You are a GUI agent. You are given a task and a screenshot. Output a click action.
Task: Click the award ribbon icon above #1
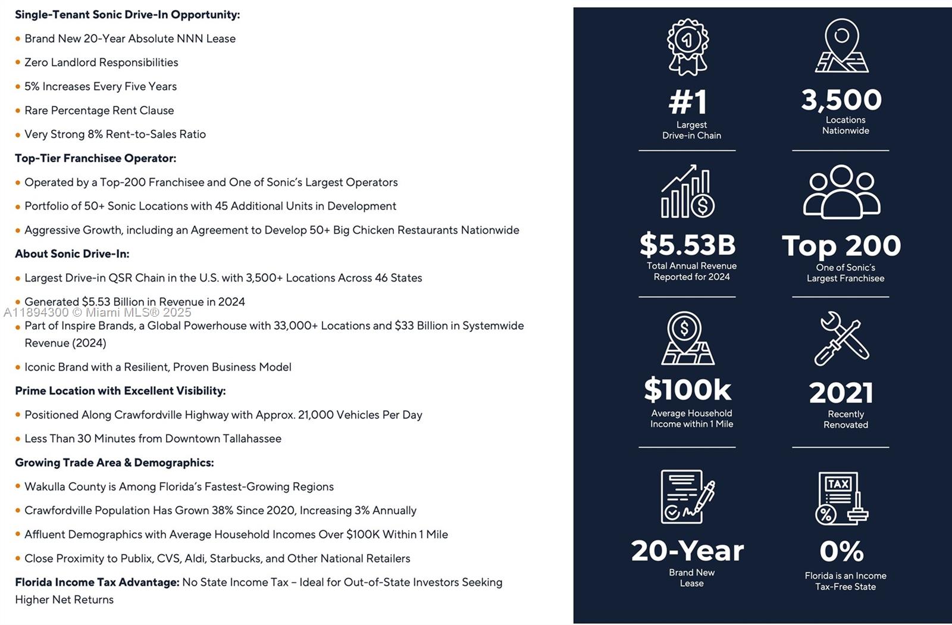pyautogui.click(x=688, y=46)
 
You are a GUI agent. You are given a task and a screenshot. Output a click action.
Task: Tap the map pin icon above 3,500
pyautogui.click(x=841, y=45)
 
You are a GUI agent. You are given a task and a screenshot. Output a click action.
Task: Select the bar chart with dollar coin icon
pyautogui.click(x=688, y=192)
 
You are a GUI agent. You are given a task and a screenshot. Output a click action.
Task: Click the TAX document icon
pyautogui.click(x=841, y=498)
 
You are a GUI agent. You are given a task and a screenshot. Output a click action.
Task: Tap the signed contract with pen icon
pyautogui.click(x=688, y=496)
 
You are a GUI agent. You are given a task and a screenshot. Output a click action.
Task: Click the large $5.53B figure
pyautogui.click(x=688, y=245)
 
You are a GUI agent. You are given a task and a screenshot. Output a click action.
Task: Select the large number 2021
pyautogui.click(x=841, y=393)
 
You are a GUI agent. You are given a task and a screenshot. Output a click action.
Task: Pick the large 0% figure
pyautogui.click(x=841, y=551)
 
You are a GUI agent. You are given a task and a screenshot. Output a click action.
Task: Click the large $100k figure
pyautogui.click(x=688, y=390)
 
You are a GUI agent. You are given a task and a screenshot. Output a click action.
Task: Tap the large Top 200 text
pyautogui.click(x=841, y=246)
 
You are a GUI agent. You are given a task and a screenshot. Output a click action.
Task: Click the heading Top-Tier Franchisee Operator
pyautogui.click(x=95, y=158)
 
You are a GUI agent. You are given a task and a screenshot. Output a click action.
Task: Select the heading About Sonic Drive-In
pyautogui.click(x=72, y=254)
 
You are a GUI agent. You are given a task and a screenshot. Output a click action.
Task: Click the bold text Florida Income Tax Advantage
pyautogui.click(x=97, y=582)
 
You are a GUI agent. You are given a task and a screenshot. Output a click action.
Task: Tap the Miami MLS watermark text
pyautogui.click(x=98, y=312)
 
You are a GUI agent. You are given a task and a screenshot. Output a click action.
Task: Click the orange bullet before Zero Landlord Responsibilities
pyautogui.click(x=18, y=62)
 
